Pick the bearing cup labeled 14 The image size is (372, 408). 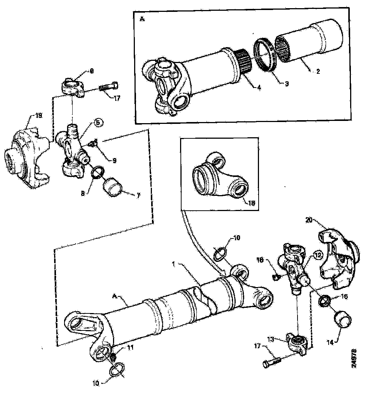pyautogui.click(x=343, y=320)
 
